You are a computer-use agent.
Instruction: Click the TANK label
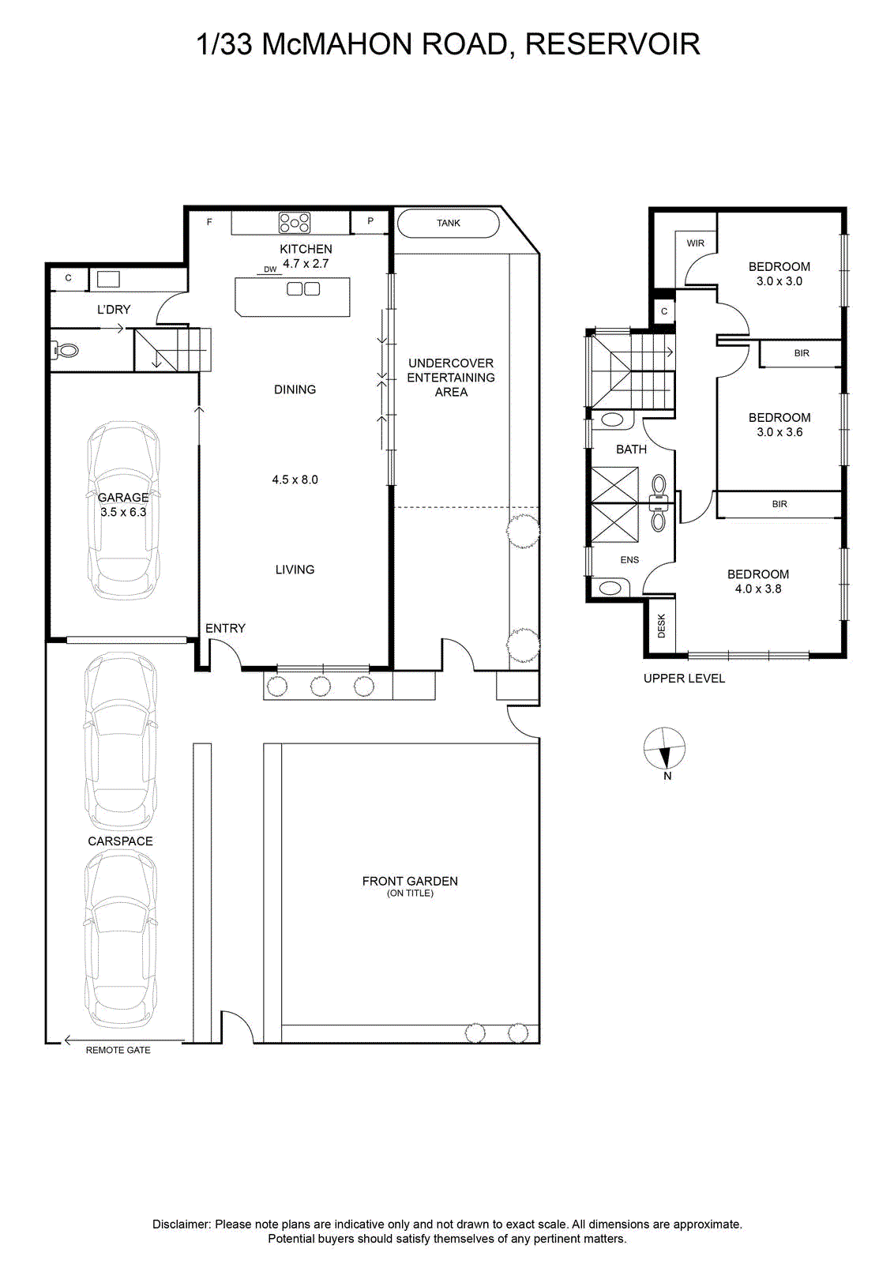(x=449, y=223)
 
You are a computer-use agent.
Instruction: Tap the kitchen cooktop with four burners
(x=295, y=222)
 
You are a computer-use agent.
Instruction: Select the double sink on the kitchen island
(x=303, y=289)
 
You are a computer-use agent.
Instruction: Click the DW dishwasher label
(x=270, y=269)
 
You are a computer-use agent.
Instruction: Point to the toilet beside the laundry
(x=65, y=351)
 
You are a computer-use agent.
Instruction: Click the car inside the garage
(x=123, y=510)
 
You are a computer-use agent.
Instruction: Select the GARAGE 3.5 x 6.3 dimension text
(x=123, y=505)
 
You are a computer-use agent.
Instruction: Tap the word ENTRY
(x=225, y=628)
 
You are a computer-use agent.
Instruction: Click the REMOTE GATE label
(x=118, y=1050)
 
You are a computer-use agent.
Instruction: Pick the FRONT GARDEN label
(x=410, y=881)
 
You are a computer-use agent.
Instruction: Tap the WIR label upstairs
(x=696, y=243)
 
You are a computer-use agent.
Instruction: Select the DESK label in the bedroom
(x=662, y=626)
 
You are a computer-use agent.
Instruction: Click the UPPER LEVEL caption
(x=684, y=679)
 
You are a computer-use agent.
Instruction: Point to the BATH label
(x=631, y=450)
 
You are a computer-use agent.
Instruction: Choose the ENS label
(x=629, y=560)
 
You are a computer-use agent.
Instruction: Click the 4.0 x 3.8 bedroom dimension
(x=758, y=589)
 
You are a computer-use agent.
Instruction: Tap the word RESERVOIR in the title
(x=613, y=44)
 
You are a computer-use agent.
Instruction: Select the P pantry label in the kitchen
(x=370, y=220)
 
